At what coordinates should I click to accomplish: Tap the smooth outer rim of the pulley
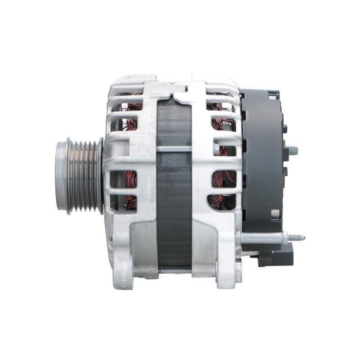(x=61, y=175)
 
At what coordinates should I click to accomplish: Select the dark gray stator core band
(x=174, y=202)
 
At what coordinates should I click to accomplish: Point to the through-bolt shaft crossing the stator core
(x=174, y=148)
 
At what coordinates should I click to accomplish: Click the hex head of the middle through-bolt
(x=216, y=148)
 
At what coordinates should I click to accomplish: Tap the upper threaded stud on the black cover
(x=292, y=151)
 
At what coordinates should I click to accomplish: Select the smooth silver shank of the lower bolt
(x=261, y=238)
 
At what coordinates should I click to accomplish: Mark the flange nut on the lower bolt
(x=284, y=238)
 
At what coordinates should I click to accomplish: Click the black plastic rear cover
(x=263, y=157)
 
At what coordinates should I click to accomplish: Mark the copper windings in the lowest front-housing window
(x=131, y=202)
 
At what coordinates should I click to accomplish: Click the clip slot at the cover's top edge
(x=273, y=95)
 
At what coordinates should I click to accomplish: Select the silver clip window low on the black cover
(x=275, y=214)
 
